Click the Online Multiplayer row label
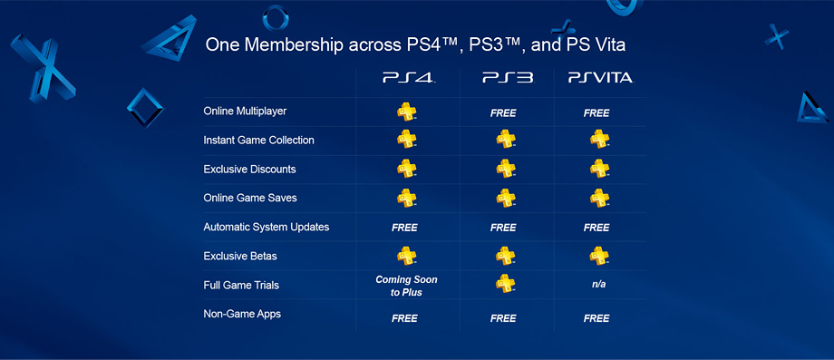[x=245, y=112]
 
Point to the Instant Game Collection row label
[x=259, y=141]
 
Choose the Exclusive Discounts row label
[x=250, y=170]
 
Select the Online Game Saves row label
[x=250, y=199]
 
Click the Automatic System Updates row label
[x=267, y=228]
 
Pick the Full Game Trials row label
[x=241, y=286]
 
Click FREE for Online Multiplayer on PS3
[x=503, y=113]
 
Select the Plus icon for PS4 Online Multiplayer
[x=406, y=112]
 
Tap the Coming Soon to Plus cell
[x=405, y=286]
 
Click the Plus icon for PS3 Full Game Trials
[x=505, y=285]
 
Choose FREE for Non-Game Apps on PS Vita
[x=596, y=318]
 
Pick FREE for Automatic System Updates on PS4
[x=404, y=228]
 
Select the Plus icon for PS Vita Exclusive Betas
[x=599, y=256]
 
